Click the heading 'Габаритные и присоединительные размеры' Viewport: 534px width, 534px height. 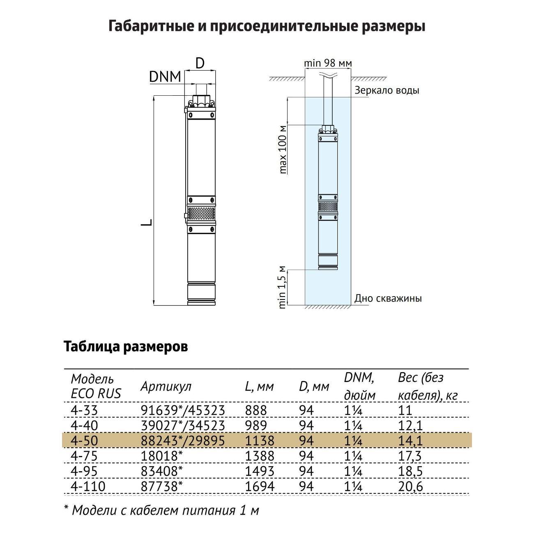[x=267, y=26]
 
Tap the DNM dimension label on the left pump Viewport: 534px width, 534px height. [x=165, y=77]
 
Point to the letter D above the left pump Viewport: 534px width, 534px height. [x=200, y=63]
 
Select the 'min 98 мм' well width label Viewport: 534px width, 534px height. [x=328, y=63]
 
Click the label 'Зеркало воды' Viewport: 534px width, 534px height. [x=387, y=90]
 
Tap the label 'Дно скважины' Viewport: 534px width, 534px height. [x=388, y=298]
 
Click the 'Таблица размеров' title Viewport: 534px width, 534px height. [x=126, y=346]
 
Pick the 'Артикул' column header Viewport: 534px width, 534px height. [x=166, y=386]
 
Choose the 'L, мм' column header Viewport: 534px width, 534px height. [x=259, y=387]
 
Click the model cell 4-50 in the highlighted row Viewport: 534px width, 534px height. [x=85, y=441]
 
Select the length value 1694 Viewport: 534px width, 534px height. [x=259, y=487]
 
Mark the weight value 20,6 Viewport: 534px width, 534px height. [x=410, y=487]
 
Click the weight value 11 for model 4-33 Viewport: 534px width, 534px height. [x=405, y=410]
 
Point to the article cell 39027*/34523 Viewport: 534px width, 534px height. [x=183, y=426]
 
